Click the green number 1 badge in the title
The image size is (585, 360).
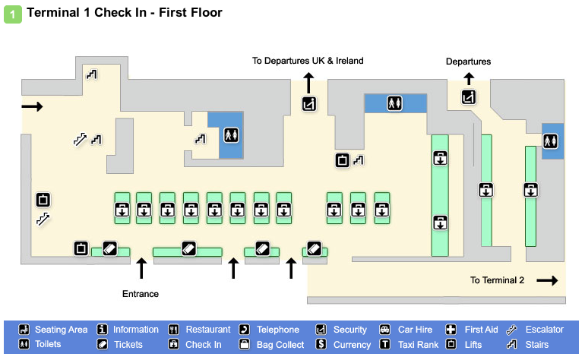click(14, 14)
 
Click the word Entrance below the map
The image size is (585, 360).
click(141, 293)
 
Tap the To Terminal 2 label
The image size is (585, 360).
click(497, 280)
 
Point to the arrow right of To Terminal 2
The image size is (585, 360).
click(547, 280)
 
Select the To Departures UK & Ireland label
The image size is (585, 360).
click(308, 61)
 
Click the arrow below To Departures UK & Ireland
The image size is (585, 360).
click(308, 82)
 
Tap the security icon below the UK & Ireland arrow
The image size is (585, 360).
click(309, 104)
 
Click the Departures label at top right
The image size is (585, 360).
click(468, 62)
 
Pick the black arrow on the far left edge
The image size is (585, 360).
click(32, 106)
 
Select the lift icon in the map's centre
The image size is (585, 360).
click(343, 159)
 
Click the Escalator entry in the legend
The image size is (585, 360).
click(536, 330)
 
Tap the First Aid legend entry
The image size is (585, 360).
click(474, 330)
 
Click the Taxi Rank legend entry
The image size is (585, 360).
click(409, 345)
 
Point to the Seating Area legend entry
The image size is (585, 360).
click(53, 330)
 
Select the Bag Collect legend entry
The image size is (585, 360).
click(270, 345)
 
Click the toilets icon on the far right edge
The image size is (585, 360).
click(550, 141)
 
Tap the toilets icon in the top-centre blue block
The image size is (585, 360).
click(394, 103)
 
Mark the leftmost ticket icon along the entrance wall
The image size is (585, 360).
click(109, 247)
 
